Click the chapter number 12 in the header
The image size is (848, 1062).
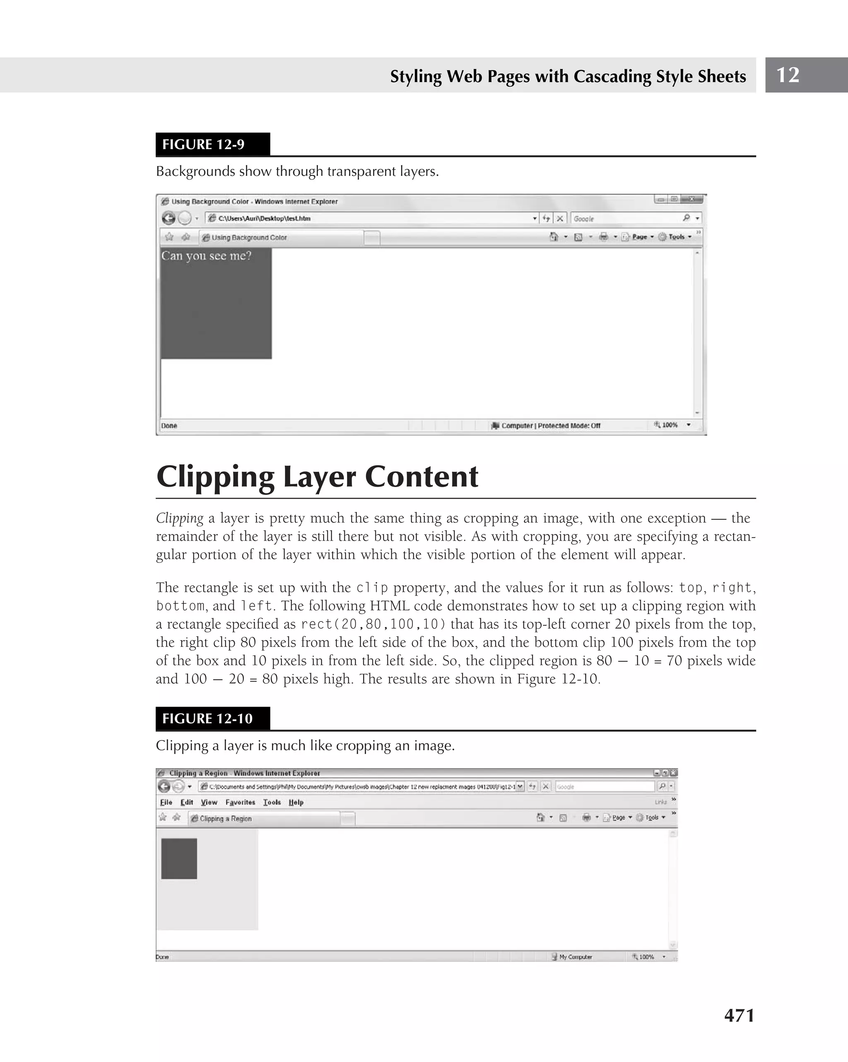[x=788, y=75]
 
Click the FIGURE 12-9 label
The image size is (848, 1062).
[x=203, y=144]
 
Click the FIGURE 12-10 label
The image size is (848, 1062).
[x=207, y=718]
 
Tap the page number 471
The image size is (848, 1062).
[x=739, y=1015]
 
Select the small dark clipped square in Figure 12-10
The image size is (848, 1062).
[x=179, y=858]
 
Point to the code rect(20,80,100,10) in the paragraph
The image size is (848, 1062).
[x=373, y=624]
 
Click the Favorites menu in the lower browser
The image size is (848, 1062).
[x=240, y=803]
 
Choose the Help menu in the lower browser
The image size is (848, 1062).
[x=296, y=803]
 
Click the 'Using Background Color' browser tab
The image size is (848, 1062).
[x=249, y=238]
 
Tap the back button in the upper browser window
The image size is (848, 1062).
[x=169, y=218]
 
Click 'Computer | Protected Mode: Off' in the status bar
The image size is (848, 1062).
[x=550, y=425]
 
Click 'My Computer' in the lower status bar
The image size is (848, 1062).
[x=575, y=957]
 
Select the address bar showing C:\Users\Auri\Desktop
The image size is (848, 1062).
[x=370, y=218]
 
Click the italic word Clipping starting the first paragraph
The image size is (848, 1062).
[x=179, y=518]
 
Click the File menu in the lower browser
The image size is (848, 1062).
[x=166, y=803]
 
